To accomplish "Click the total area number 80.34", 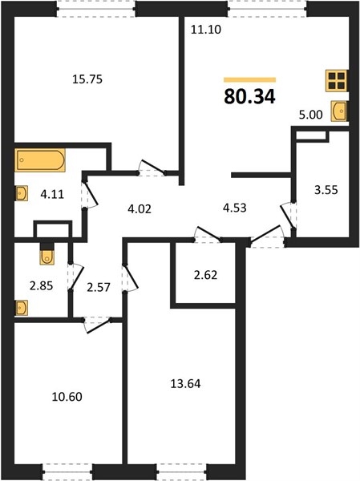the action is pyautogui.click(x=250, y=97).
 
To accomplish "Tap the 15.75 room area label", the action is pyautogui.click(x=87, y=79).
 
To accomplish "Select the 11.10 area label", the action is pyautogui.click(x=206, y=30).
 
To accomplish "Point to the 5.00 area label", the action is pyautogui.click(x=311, y=115).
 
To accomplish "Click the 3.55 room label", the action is pyautogui.click(x=326, y=190).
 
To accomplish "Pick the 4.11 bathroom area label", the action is pyautogui.click(x=52, y=194).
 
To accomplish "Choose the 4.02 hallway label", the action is pyautogui.click(x=140, y=209).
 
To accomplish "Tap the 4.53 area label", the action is pyautogui.click(x=235, y=208).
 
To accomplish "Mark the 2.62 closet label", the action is pyautogui.click(x=205, y=275).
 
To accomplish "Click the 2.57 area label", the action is pyautogui.click(x=98, y=287).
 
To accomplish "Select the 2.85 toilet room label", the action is pyautogui.click(x=41, y=286).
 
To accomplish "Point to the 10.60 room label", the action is pyautogui.click(x=67, y=397).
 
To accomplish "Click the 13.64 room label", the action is pyautogui.click(x=186, y=383).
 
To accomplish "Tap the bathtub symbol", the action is pyautogui.click(x=40, y=160).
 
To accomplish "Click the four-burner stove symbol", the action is pyautogui.click(x=337, y=81).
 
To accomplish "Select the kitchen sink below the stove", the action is pyautogui.click(x=339, y=111).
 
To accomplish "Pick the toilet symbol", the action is pyautogui.click(x=47, y=255).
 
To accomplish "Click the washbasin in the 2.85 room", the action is pyautogui.click(x=22, y=308).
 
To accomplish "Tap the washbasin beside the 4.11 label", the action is pyautogui.click(x=22, y=193).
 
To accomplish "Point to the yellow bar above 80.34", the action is pyautogui.click(x=250, y=80).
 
